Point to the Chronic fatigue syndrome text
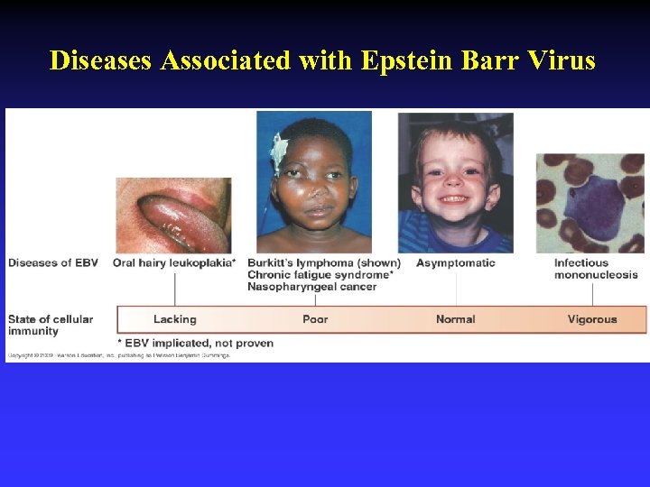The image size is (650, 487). pyautogui.click(x=320, y=275)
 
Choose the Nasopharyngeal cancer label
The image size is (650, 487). pyautogui.click(x=311, y=287)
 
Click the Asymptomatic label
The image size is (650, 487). pyautogui.click(x=455, y=263)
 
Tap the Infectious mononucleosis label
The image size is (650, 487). pyautogui.click(x=595, y=269)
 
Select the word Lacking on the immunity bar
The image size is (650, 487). pyautogui.click(x=174, y=319)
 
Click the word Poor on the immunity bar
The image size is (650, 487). pyautogui.click(x=315, y=319)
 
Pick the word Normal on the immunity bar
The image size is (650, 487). pyautogui.click(x=455, y=319)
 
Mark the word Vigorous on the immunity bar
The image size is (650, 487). pyautogui.click(x=592, y=319)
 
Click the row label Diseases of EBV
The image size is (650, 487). pyautogui.click(x=52, y=263)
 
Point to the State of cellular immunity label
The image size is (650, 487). pyautogui.click(x=51, y=325)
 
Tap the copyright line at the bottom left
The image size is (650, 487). pyautogui.click(x=117, y=355)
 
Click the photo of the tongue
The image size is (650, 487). pyautogui.click(x=173, y=216)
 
